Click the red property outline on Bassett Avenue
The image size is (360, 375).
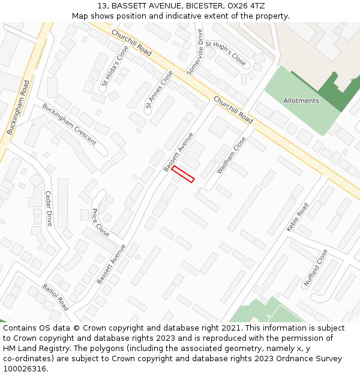point(183,174)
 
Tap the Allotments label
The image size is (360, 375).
point(301,101)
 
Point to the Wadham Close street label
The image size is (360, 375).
point(231,155)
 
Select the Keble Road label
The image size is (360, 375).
point(297,217)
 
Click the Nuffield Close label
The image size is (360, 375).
point(315,267)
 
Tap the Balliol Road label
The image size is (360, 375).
point(55,297)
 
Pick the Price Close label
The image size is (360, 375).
point(100,223)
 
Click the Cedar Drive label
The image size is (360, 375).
point(49,208)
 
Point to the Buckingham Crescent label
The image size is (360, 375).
point(69,124)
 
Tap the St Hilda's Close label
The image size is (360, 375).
point(114,65)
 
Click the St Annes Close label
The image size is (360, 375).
point(159,90)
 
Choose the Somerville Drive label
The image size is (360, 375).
point(195,52)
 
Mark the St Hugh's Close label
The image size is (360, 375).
point(226,53)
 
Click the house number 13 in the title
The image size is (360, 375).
point(101,5)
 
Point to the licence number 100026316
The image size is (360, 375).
point(24,368)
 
